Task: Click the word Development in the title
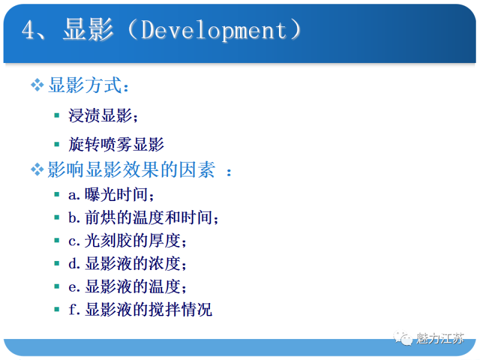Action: (x=213, y=31)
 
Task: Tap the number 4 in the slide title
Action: (x=29, y=31)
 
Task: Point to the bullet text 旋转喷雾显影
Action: (x=116, y=145)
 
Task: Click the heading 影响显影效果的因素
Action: (x=131, y=170)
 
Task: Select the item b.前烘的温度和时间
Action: (x=143, y=218)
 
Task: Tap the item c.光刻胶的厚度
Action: (x=127, y=241)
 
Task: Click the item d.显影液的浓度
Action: (x=127, y=264)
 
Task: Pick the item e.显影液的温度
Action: (x=127, y=287)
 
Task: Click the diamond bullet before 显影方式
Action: (x=38, y=85)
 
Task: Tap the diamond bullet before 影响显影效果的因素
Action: (x=38, y=170)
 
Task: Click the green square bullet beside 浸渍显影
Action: (x=56, y=115)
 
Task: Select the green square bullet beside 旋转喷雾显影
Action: (x=56, y=144)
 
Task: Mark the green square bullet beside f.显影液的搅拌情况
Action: (x=56, y=310)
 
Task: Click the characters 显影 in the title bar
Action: (x=88, y=31)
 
